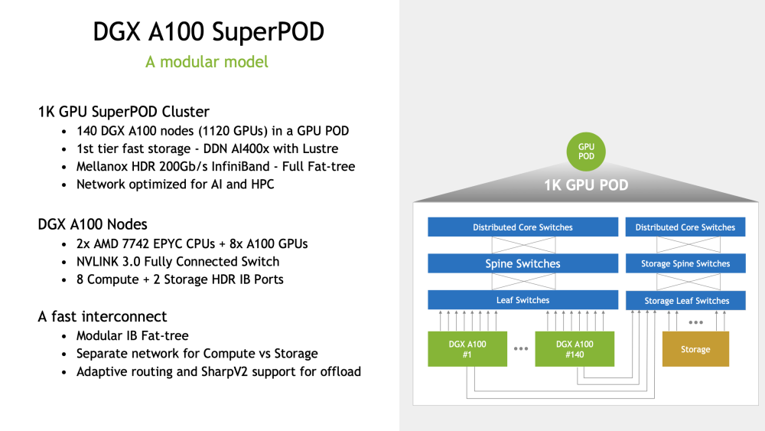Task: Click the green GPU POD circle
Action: [x=586, y=152]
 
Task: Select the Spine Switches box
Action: [x=523, y=263]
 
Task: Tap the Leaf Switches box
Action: [x=523, y=300]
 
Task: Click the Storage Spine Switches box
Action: [x=685, y=263]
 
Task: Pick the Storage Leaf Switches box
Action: [x=685, y=301]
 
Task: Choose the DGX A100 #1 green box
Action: [x=467, y=349]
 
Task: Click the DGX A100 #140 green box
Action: [x=575, y=349]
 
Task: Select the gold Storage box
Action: [x=695, y=349]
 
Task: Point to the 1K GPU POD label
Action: [x=586, y=185]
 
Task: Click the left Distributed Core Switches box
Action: [x=523, y=227]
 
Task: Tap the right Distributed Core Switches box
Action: [x=685, y=227]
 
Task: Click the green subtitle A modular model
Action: [x=207, y=62]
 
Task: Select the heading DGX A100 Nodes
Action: [x=93, y=224]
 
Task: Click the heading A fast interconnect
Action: [x=103, y=317]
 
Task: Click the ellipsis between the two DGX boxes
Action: [x=521, y=348]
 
